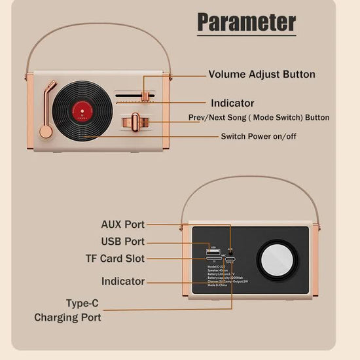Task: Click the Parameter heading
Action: click(x=247, y=22)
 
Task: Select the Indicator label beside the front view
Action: click(x=232, y=103)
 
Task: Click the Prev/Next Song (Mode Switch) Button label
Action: click(x=259, y=118)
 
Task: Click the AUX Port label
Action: click(x=123, y=225)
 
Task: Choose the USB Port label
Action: click(x=123, y=242)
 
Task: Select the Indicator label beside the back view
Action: click(x=123, y=281)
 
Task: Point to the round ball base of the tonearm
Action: click(x=45, y=132)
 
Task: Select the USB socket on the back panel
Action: click(x=213, y=251)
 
